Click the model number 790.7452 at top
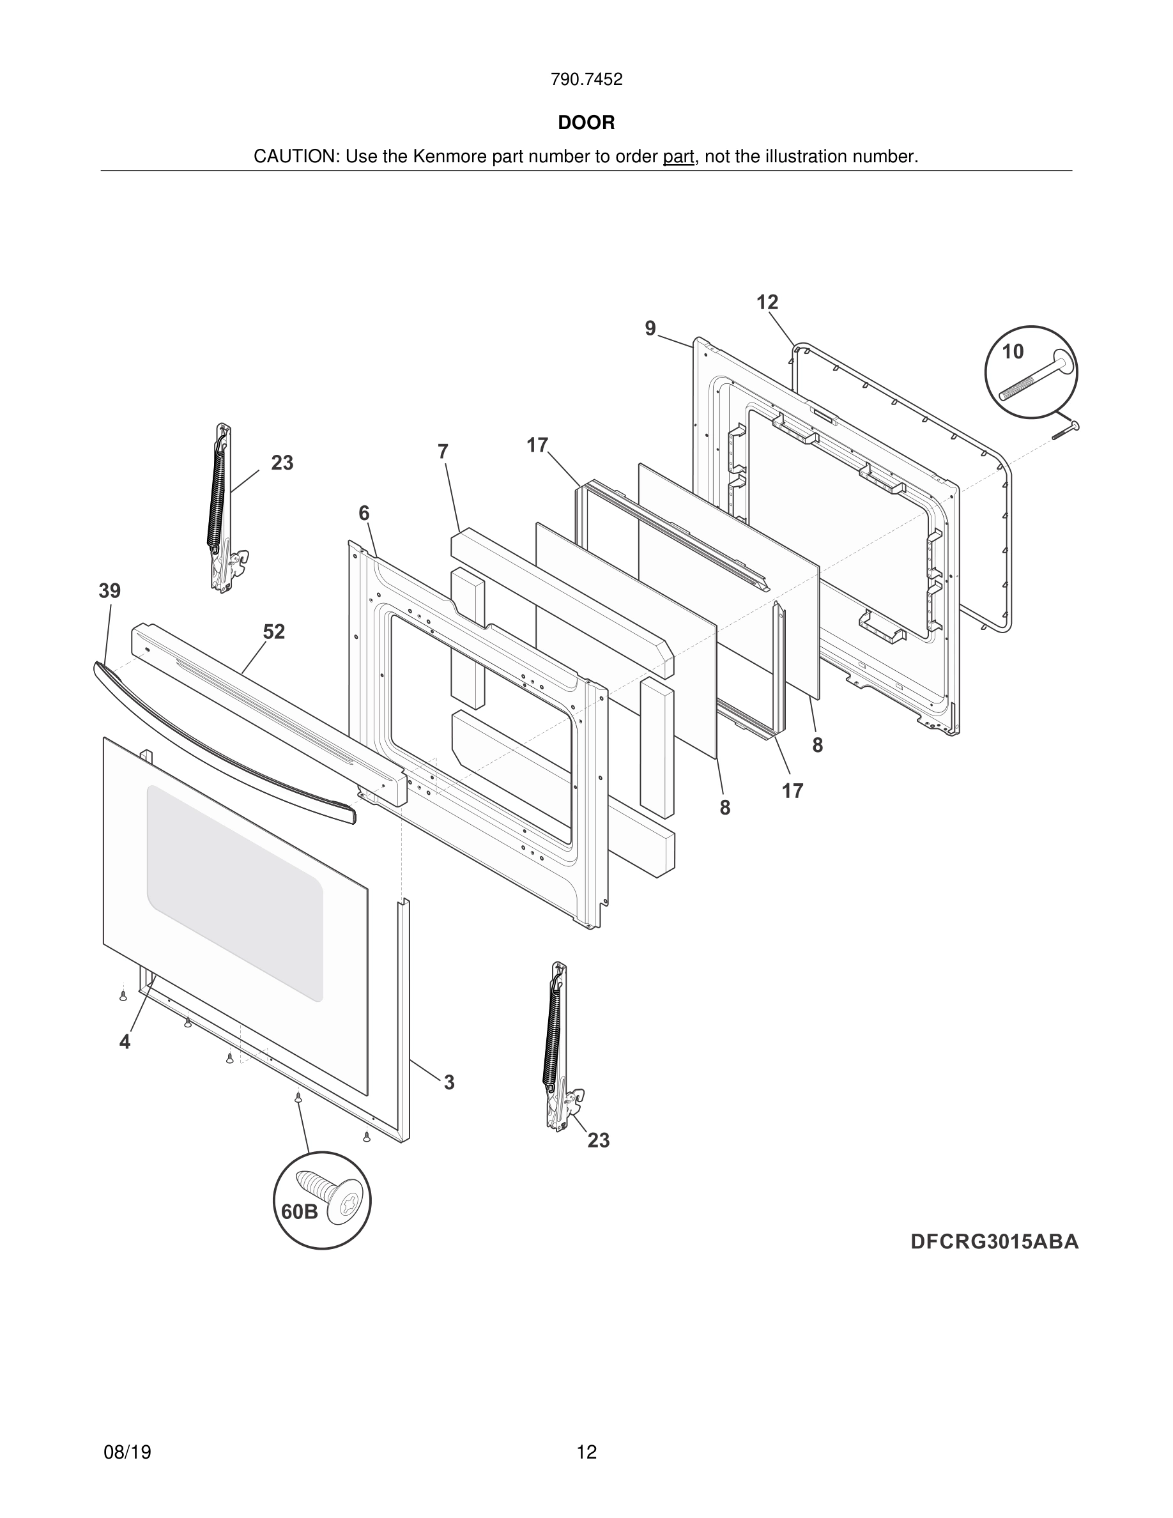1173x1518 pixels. [586, 80]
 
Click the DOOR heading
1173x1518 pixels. [586, 123]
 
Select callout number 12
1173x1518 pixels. [767, 302]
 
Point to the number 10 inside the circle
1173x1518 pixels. [1013, 351]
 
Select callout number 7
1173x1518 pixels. [443, 452]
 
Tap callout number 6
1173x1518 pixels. [364, 513]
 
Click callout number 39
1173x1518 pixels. [109, 591]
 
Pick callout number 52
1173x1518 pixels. [274, 632]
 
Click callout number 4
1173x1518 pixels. [125, 1042]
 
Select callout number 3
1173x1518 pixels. [449, 1082]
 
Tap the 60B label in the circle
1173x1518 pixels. [299, 1212]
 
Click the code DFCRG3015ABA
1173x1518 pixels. [994, 1242]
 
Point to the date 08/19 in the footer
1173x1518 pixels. [127, 1452]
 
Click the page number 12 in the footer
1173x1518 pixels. [586, 1452]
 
